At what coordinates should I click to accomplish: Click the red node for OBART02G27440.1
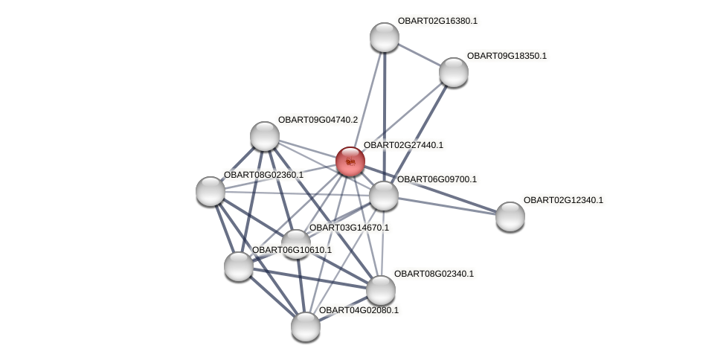pyautogui.click(x=350, y=161)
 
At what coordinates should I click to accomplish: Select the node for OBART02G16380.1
pyautogui.click(x=385, y=37)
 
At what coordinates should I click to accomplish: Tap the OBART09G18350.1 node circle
pyautogui.click(x=454, y=72)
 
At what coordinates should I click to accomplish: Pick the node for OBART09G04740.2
pyautogui.click(x=265, y=136)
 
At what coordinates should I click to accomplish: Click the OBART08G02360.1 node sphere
pyautogui.click(x=211, y=191)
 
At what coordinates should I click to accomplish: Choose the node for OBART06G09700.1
pyautogui.click(x=384, y=196)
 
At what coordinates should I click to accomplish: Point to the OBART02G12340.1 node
pyautogui.click(x=510, y=216)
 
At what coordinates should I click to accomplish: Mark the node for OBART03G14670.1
pyautogui.click(x=295, y=243)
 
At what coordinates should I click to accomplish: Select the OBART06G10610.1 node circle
pyautogui.click(x=239, y=266)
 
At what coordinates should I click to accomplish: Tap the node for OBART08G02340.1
pyautogui.click(x=381, y=290)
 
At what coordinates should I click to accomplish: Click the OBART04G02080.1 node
pyautogui.click(x=306, y=326)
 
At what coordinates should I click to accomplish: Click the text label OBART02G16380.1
pyautogui.click(x=437, y=21)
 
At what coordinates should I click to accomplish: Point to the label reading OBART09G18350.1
pyautogui.click(x=507, y=56)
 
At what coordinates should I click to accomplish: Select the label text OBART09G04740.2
pyautogui.click(x=318, y=120)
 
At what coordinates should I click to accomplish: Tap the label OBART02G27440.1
pyautogui.click(x=403, y=145)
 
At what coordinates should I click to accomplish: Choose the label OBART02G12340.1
pyautogui.click(x=563, y=200)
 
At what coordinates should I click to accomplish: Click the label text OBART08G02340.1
pyautogui.click(x=434, y=274)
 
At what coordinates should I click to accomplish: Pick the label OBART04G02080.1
pyautogui.click(x=359, y=310)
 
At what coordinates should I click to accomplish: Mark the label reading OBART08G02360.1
pyautogui.click(x=263, y=175)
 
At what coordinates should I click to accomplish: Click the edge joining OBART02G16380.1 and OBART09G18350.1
pyautogui.click(x=419, y=54)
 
